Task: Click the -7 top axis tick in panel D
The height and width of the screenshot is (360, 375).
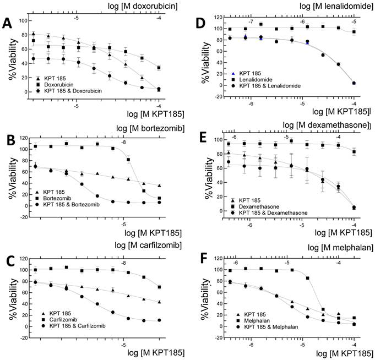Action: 251,21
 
